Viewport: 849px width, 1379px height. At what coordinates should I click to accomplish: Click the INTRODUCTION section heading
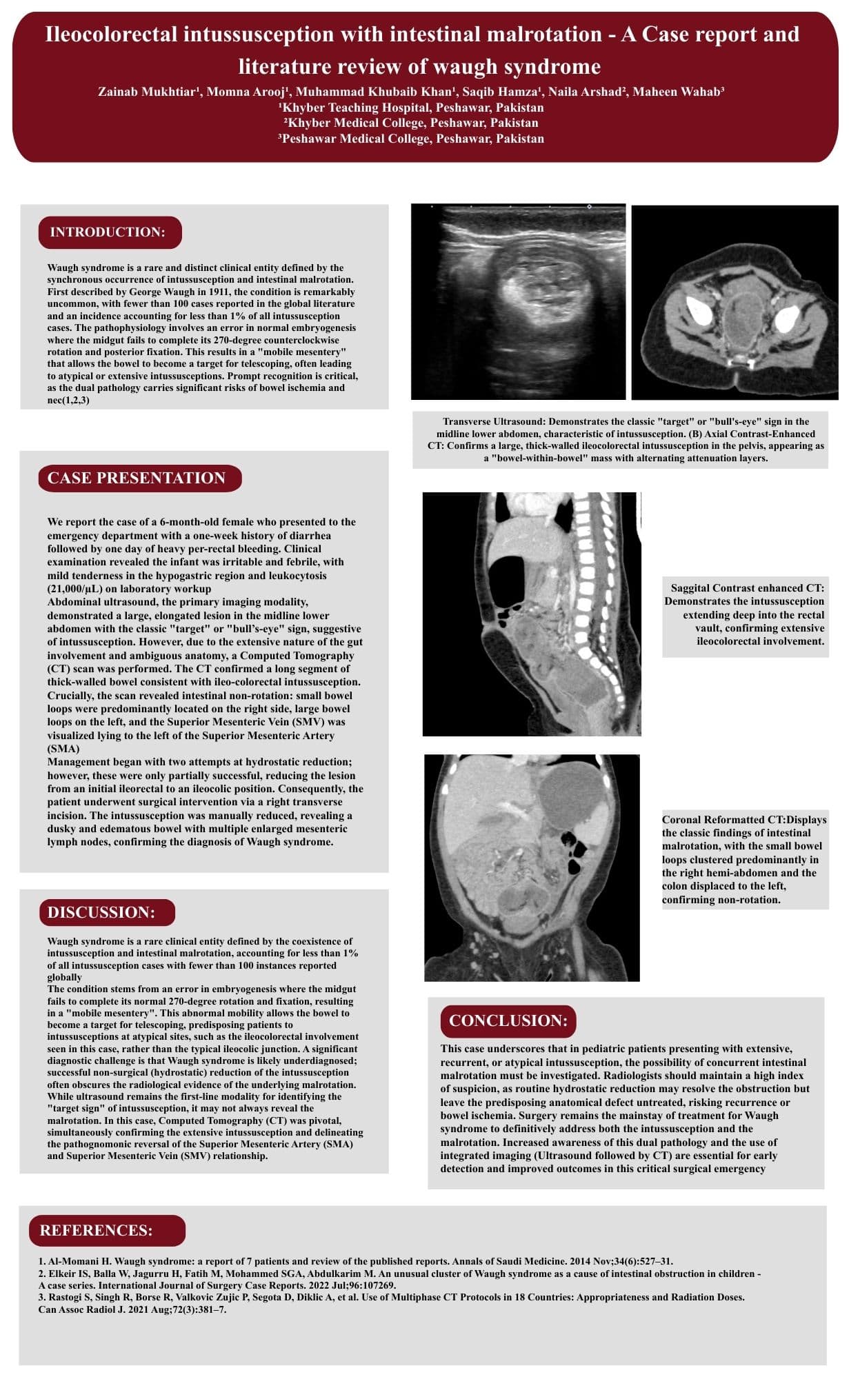(x=108, y=232)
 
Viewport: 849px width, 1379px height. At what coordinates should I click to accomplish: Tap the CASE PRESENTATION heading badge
(x=137, y=479)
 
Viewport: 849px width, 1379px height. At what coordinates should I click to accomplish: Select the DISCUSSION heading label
(x=101, y=912)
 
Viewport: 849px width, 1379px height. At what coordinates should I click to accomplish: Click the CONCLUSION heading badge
(x=508, y=1020)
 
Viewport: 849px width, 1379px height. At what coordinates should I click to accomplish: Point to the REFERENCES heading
(x=97, y=1230)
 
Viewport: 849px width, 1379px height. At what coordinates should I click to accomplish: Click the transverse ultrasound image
(x=518, y=301)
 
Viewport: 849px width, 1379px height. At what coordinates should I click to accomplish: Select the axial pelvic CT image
(x=735, y=302)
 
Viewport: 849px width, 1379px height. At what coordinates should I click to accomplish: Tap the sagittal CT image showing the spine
(x=532, y=614)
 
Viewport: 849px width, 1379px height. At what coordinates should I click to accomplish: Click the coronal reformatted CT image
(x=532, y=867)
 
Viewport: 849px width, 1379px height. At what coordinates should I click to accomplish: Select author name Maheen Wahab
(x=677, y=92)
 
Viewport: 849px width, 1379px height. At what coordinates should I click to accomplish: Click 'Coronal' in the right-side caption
(x=683, y=820)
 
